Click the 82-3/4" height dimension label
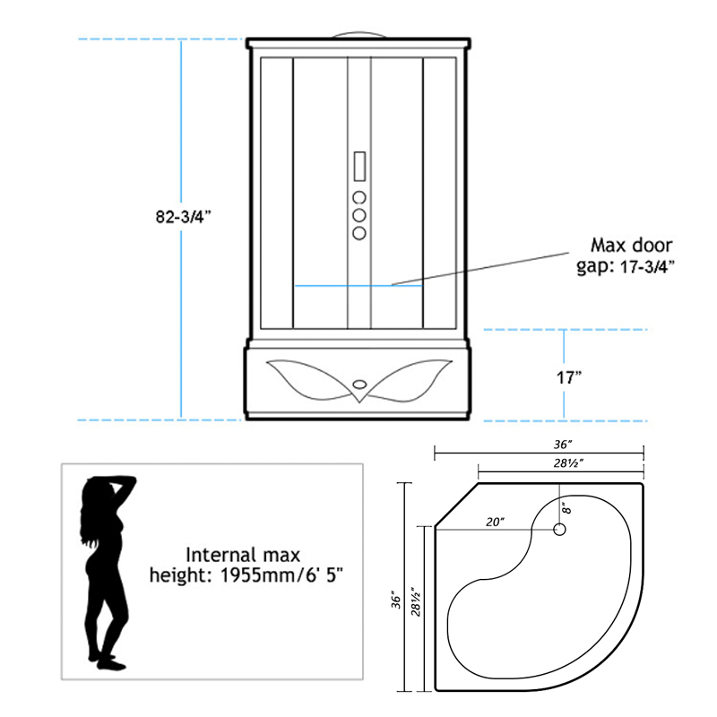(184, 216)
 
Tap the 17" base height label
(568, 377)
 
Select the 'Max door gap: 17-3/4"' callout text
(626, 255)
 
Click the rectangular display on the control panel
(359, 167)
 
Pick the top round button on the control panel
(359, 197)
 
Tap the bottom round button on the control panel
(359, 233)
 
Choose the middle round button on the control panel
(359, 215)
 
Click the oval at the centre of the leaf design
(360, 384)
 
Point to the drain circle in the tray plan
(559, 530)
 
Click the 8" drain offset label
(566, 508)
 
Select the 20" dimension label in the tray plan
(495, 522)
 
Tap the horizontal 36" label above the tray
(563, 444)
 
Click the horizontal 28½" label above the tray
(568, 463)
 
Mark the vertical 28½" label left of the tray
(415, 601)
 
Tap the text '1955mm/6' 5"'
(281, 574)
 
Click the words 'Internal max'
(243, 555)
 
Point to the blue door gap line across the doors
(358, 286)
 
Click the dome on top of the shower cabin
(359, 35)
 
